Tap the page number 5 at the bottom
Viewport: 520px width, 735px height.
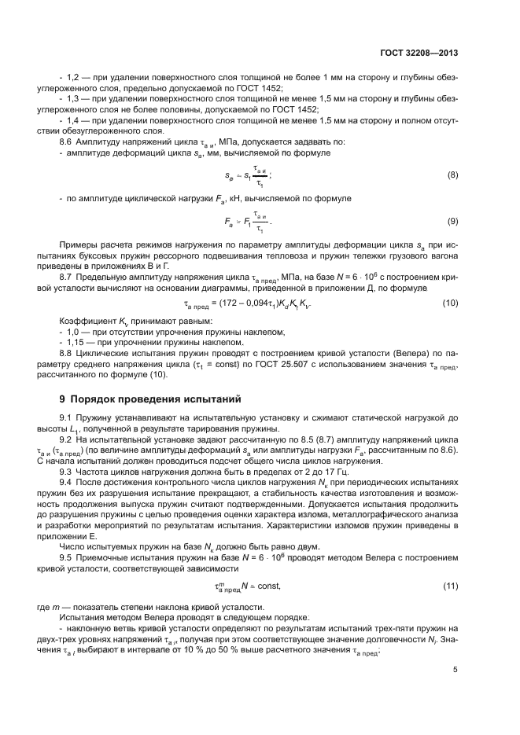coord(455,670)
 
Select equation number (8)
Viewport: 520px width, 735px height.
coord(452,174)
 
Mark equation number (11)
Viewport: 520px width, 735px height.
coord(451,586)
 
